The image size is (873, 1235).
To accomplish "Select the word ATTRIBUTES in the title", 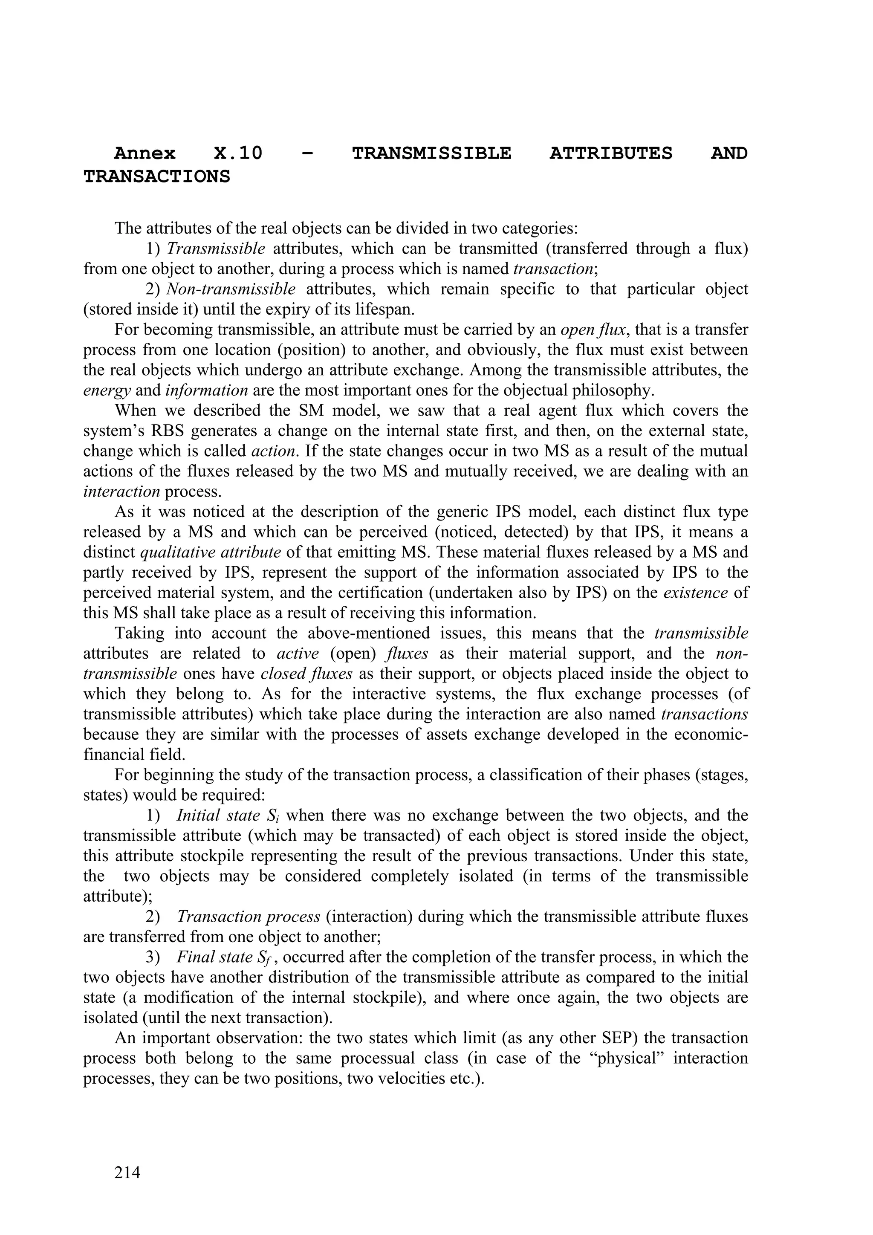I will point(610,154).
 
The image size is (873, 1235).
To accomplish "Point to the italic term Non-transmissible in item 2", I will point(231,289).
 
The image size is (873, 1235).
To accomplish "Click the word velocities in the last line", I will point(411,1079).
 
